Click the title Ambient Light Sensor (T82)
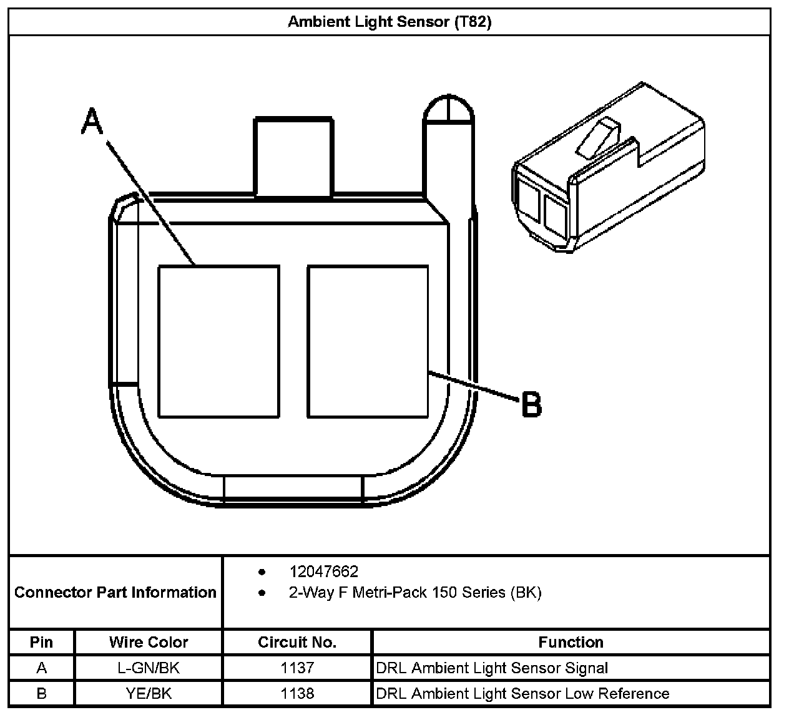pyautogui.click(x=390, y=22)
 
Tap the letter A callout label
pyautogui.click(x=92, y=121)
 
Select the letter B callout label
pyautogui.click(x=531, y=404)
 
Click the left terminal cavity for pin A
pyautogui.click(x=218, y=341)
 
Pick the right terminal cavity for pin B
pyautogui.click(x=368, y=341)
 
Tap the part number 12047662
pyautogui.click(x=323, y=572)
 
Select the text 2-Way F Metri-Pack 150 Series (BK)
pyautogui.click(x=414, y=592)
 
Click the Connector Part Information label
pyautogui.click(x=115, y=592)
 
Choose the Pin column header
pyautogui.click(x=41, y=642)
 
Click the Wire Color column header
pyautogui.click(x=149, y=642)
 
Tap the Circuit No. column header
pyautogui.click(x=297, y=642)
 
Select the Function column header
pyautogui.click(x=571, y=642)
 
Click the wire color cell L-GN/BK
pyautogui.click(x=149, y=668)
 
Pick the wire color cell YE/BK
pyautogui.click(x=149, y=694)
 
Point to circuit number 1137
pyautogui.click(x=297, y=668)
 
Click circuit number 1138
pyautogui.click(x=297, y=694)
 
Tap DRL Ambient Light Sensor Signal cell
pyautogui.click(x=492, y=668)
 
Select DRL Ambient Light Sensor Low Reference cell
pyautogui.click(x=522, y=694)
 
